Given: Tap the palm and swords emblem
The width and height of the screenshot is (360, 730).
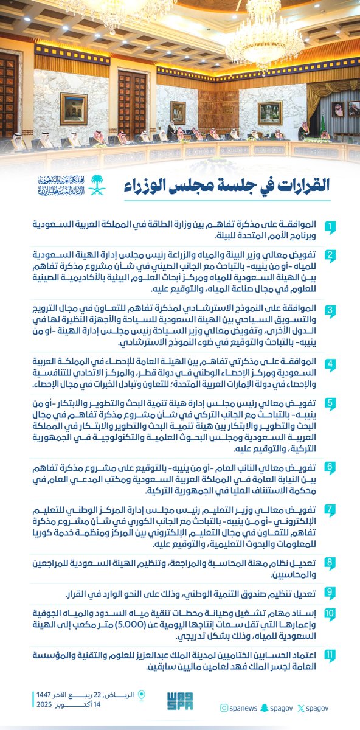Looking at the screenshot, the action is pyautogui.click(x=97, y=186).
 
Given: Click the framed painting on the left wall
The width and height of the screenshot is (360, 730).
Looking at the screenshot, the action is pyautogui.click(x=73, y=108).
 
